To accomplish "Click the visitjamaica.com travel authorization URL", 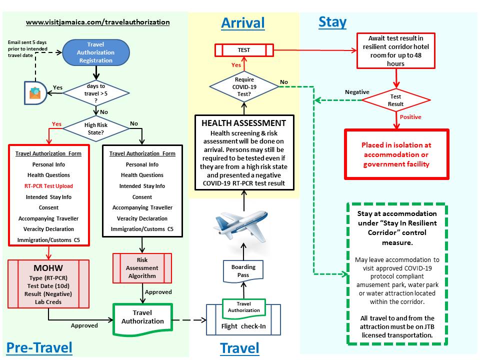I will coord(97,22).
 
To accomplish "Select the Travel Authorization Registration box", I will coord(96,52).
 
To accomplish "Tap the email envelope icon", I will coord(35,92).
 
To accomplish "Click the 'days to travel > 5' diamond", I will coord(96,91).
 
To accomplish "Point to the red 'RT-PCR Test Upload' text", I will coord(49,186).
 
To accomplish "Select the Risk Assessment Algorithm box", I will coord(142,268).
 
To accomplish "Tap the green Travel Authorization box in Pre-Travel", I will coord(142,317).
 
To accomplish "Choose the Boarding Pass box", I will coord(243,270).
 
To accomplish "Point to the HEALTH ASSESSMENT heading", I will coord(243,123).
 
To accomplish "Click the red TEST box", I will coord(244,50).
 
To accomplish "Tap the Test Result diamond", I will coord(395,100).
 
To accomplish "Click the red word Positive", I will coord(410,117).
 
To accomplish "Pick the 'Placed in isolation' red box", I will coord(396,154).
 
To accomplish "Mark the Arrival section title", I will coord(243,22).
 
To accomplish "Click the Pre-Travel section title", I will coord(39,347).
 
